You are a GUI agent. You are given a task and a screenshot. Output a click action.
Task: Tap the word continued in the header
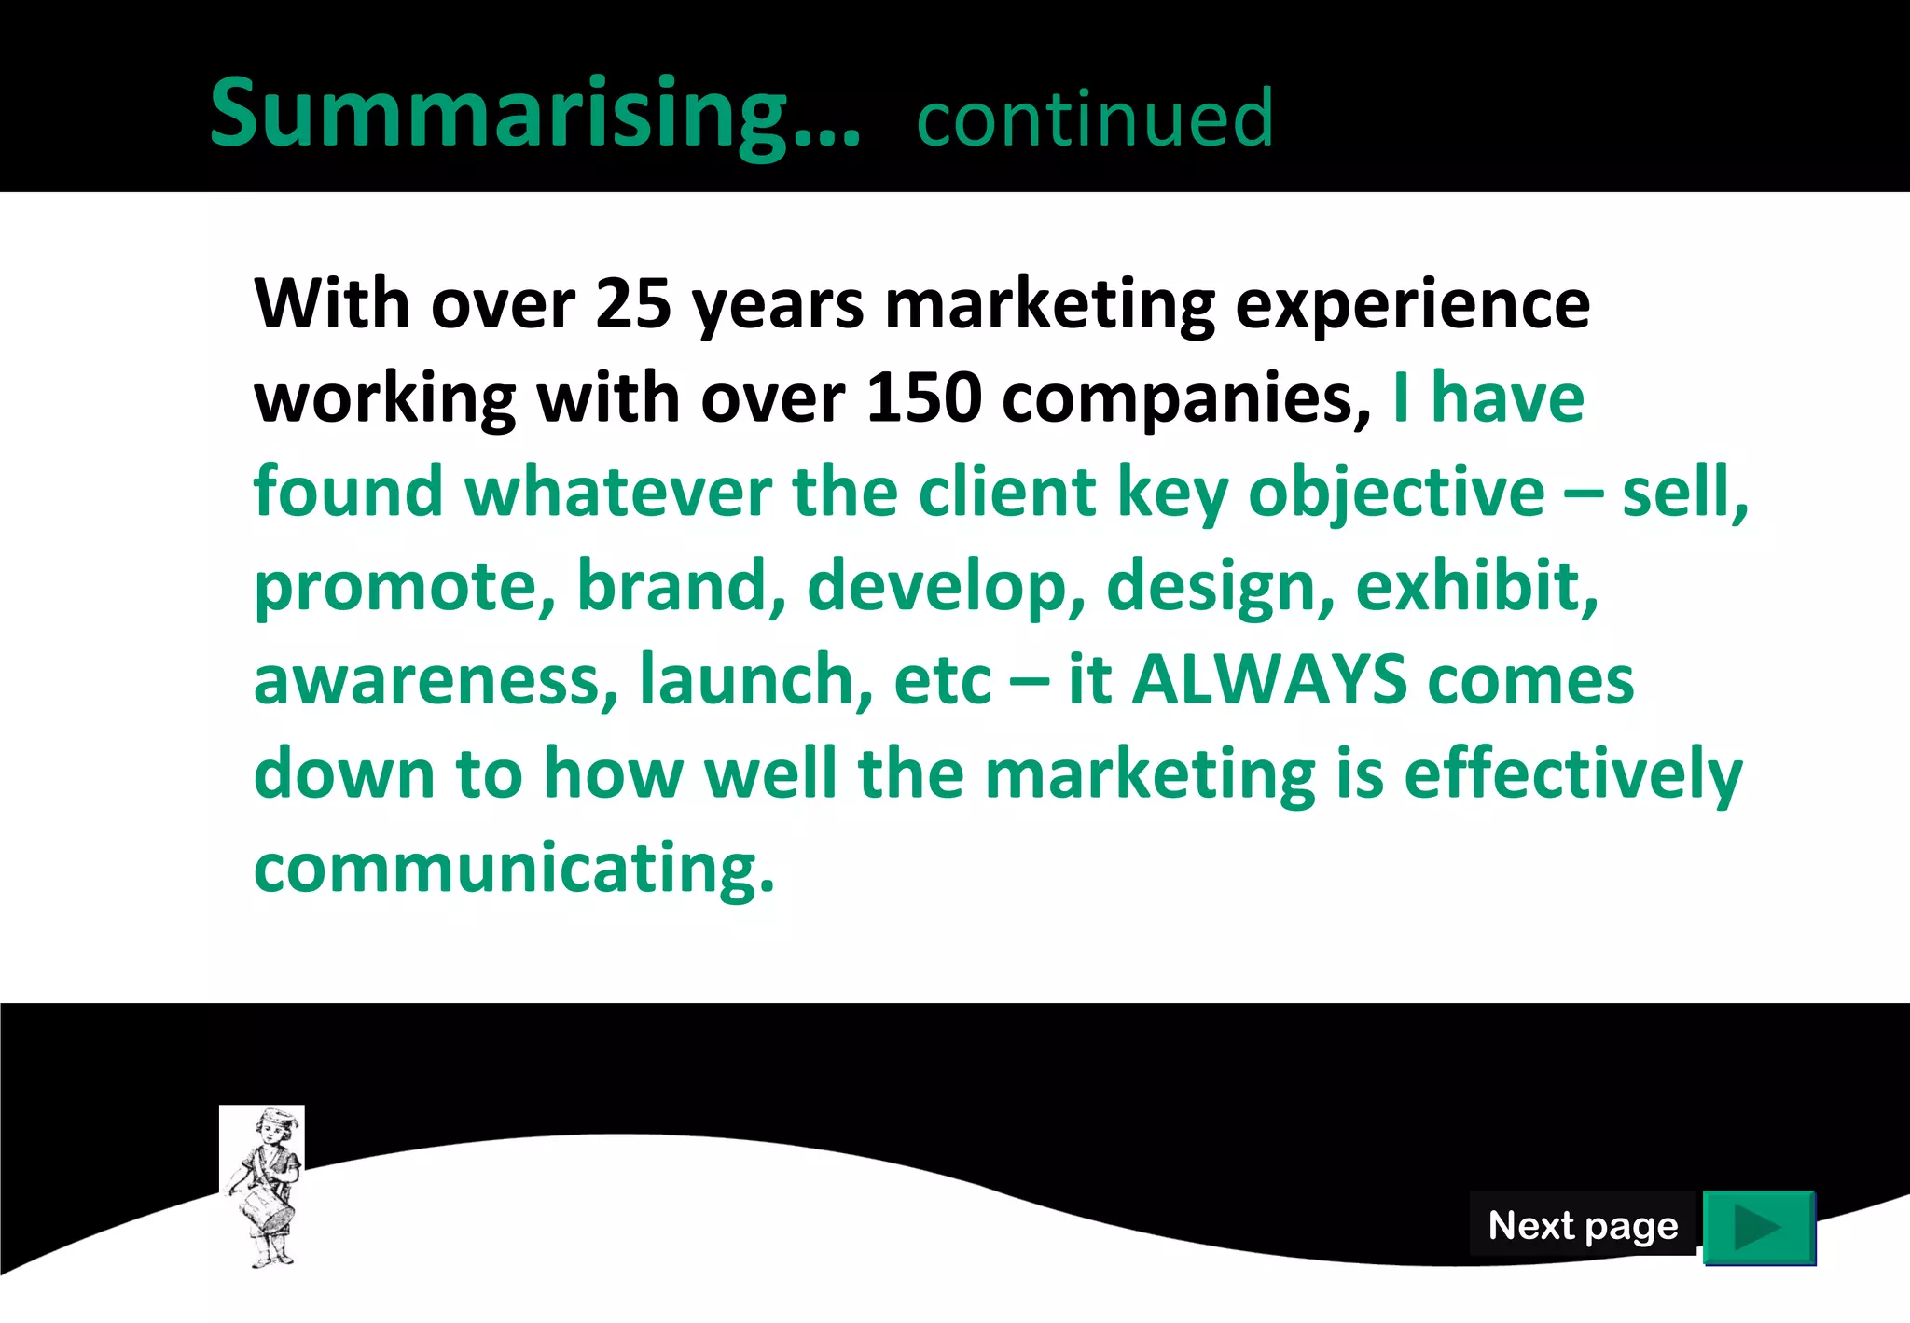point(1095,118)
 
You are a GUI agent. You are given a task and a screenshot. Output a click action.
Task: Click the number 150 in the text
point(923,398)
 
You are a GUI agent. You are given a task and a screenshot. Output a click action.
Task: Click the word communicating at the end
point(513,869)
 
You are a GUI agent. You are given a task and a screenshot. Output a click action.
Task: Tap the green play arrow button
point(1758,1227)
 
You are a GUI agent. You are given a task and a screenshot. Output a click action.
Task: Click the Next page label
point(1583,1225)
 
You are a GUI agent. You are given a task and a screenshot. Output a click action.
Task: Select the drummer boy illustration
point(262,1185)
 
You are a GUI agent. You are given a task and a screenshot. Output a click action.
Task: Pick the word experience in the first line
point(1412,306)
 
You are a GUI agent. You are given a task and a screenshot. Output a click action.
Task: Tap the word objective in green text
point(1396,494)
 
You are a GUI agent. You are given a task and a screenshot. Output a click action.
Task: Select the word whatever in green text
point(618,492)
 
